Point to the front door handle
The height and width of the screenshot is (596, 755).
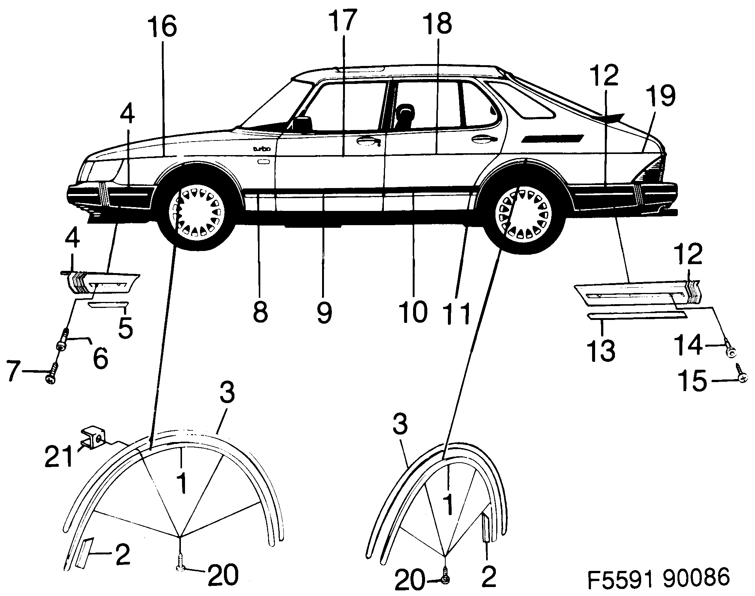[x=367, y=141]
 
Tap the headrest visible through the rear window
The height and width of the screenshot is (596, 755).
[x=405, y=112]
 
